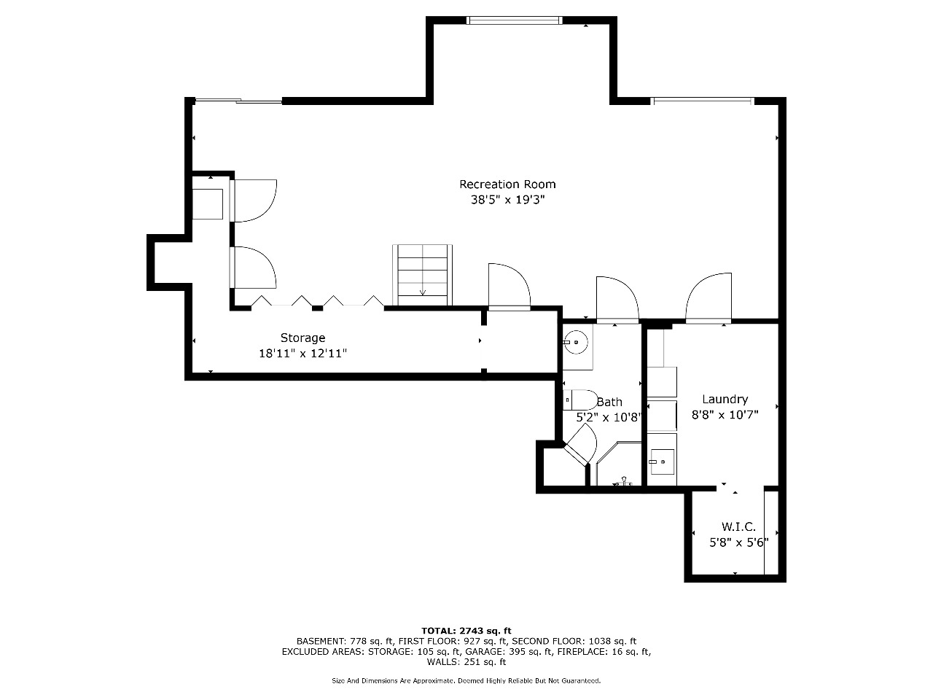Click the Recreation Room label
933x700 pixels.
tap(507, 184)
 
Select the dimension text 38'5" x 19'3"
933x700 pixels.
tap(507, 200)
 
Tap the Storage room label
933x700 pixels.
tap(302, 338)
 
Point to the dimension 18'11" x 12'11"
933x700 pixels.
tap(303, 353)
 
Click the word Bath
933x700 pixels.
tap(609, 402)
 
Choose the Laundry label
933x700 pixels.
tap(725, 400)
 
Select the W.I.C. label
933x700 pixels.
tap(739, 527)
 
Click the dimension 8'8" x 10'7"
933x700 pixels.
tap(725, 415)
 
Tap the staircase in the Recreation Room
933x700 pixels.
tap(422, 275)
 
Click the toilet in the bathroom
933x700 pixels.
tap(580, 400)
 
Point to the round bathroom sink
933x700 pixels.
tap(576, 342)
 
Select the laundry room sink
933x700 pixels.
tap(663, 462)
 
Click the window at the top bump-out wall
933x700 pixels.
tap(515, 20)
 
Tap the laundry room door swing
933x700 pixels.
tap(708, 298)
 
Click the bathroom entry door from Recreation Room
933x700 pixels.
tap(617, 300)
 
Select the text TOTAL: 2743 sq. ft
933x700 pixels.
tap(466, 631)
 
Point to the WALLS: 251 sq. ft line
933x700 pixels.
tap(466, 662)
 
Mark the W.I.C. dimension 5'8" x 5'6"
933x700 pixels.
tap(739, 542)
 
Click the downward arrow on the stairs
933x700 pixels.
tap(423, 291)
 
